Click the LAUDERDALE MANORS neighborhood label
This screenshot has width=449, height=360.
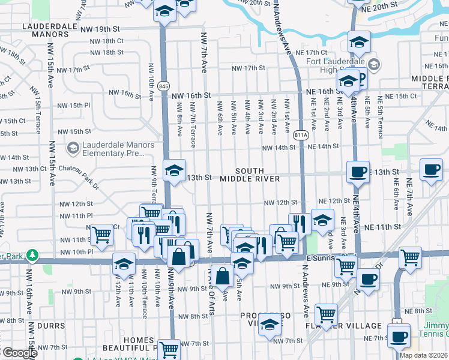pos(49,31)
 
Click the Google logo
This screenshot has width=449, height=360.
pos(19,353)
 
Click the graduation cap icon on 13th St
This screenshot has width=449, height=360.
pos(174,170)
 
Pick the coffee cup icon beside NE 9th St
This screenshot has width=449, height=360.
pos(368,278)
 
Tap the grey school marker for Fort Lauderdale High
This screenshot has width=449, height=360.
pos(374,64)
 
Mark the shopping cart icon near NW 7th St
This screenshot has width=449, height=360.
pos(170,347)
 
